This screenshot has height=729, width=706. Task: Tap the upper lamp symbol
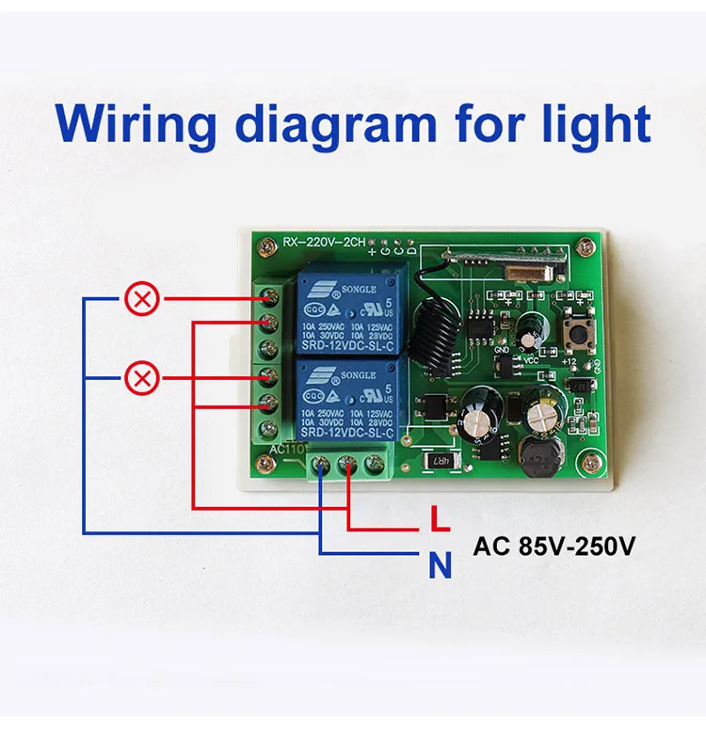tap(142, 300)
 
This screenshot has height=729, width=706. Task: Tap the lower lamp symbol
tap(142, 379)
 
